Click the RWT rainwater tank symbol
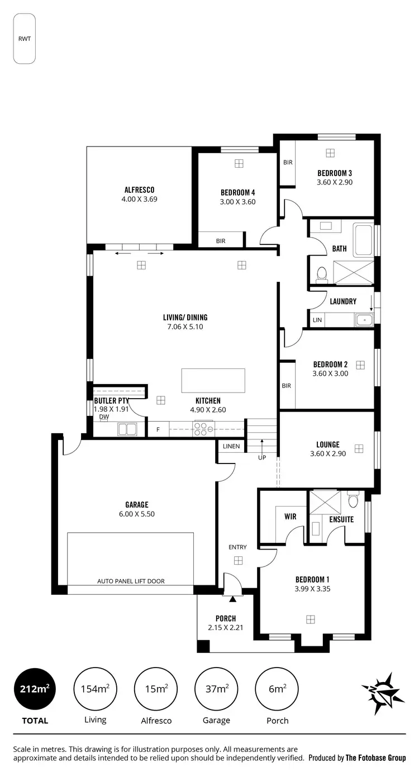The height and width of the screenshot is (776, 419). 25,39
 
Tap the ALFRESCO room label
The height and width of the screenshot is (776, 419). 139,190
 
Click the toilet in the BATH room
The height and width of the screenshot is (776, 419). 321,274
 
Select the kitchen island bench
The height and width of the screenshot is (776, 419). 213,381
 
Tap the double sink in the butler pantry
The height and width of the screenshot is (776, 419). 127,429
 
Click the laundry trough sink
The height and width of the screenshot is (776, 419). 364,320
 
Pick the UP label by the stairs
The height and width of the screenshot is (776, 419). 261,457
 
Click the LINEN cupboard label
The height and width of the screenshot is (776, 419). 231,446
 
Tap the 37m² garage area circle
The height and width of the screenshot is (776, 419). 216,689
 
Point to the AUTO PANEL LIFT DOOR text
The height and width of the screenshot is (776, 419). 131,581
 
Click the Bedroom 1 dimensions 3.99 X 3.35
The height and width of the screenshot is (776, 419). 312,588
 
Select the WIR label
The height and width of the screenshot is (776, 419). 290,517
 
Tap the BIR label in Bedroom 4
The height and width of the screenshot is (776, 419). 221,241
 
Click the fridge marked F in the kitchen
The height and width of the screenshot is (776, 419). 158,429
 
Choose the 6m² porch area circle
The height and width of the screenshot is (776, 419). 277,689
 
